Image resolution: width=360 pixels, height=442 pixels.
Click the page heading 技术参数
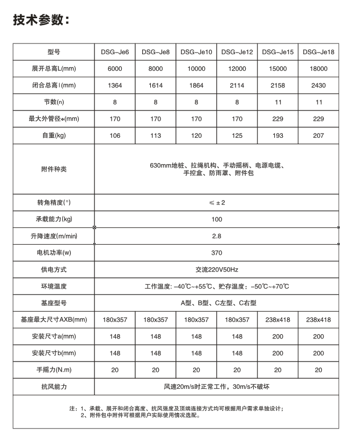point(41,20)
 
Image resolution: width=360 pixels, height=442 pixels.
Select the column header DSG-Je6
point(115,52)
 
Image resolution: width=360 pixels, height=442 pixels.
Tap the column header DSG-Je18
point(318,52)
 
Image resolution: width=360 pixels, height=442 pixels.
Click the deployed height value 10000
point(196,69)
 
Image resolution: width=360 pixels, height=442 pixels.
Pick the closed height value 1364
point(115,85)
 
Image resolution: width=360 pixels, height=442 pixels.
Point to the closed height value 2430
point(318,85)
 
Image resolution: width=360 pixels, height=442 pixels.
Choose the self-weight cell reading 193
point(277,136)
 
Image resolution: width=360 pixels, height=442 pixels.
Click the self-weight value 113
point(156,136)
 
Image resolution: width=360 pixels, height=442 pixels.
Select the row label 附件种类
point(54,170)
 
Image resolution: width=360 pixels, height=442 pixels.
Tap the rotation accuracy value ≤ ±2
point(216,202)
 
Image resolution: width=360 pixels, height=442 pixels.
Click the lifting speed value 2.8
point(216,235)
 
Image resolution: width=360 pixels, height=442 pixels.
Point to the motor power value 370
point(216,253)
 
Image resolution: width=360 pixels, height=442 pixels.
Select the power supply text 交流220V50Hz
point(216,269)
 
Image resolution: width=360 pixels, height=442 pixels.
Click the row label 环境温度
point(54,286)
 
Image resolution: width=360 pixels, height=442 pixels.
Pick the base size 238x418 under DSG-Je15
point(277,320)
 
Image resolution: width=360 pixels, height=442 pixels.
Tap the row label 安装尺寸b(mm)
point(54,353)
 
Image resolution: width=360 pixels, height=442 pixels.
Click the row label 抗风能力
point(54,387)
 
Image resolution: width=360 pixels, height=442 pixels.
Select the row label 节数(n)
point(54,102)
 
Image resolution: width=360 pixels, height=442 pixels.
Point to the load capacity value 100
point(216,219)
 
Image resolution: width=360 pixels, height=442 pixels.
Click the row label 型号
point(54,52)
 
